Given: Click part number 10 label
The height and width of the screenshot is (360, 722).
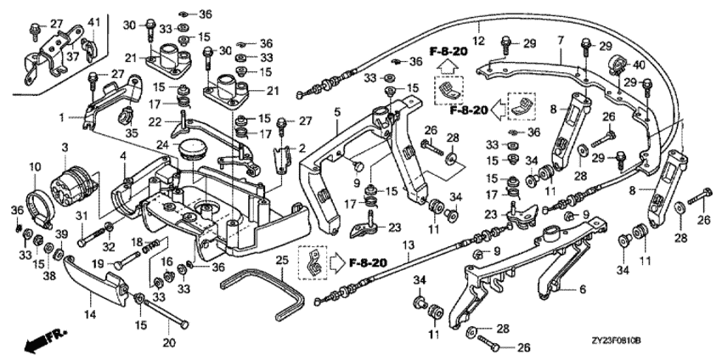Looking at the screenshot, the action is pyautogui.click(x=35, y=166).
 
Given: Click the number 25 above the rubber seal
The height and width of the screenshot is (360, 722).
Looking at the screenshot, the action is pyautogui.click(x=282, y=260).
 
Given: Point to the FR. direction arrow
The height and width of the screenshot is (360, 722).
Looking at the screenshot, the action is pyautogui.click(x=46, y=339).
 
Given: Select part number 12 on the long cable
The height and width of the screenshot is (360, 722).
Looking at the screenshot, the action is pyautogui.click(x=479, y=41).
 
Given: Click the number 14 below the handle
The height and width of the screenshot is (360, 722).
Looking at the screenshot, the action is pyautogui.click(x=90, y=315).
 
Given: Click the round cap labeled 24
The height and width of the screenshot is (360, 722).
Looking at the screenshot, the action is pyautogui.click(x=192, y=149).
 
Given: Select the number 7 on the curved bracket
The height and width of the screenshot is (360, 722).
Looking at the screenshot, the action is pyautogui.click(x=561, y=41).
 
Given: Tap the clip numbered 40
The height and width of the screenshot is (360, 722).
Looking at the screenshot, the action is pyautogui.click(x=618, y=64).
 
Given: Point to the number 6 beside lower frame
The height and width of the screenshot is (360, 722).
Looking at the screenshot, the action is pyautogui.click(x=583, y=290).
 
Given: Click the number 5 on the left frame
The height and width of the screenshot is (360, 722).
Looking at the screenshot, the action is pyautogui.click(x=337, y=112).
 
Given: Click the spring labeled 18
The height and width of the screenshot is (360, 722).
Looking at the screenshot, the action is pyautogui.click(x=151, y=248).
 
